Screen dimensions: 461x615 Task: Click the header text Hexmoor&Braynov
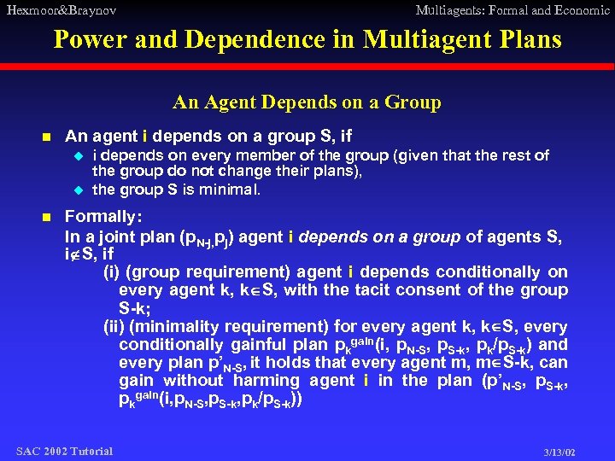(x=60, y=10)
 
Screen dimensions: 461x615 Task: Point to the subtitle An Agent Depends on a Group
(x=307, y=103)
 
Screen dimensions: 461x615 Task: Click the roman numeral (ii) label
(x=114, y=327)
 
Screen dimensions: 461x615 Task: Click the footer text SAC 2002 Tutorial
(x=64, y=450)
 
